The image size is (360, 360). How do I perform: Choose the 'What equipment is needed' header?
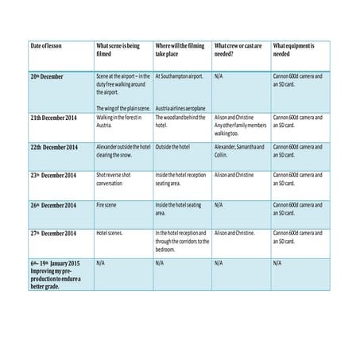click(x=293, y=50)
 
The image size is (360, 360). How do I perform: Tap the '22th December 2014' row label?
click(x=55, y=147)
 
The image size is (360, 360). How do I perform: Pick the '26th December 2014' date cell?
click(x=55, y=204)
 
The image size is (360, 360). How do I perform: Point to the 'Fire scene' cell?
click(x=107, y=204)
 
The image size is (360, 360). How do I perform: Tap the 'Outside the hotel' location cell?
click(x=175, y=147)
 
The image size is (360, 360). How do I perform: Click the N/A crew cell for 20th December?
click(x=219, y=76)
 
